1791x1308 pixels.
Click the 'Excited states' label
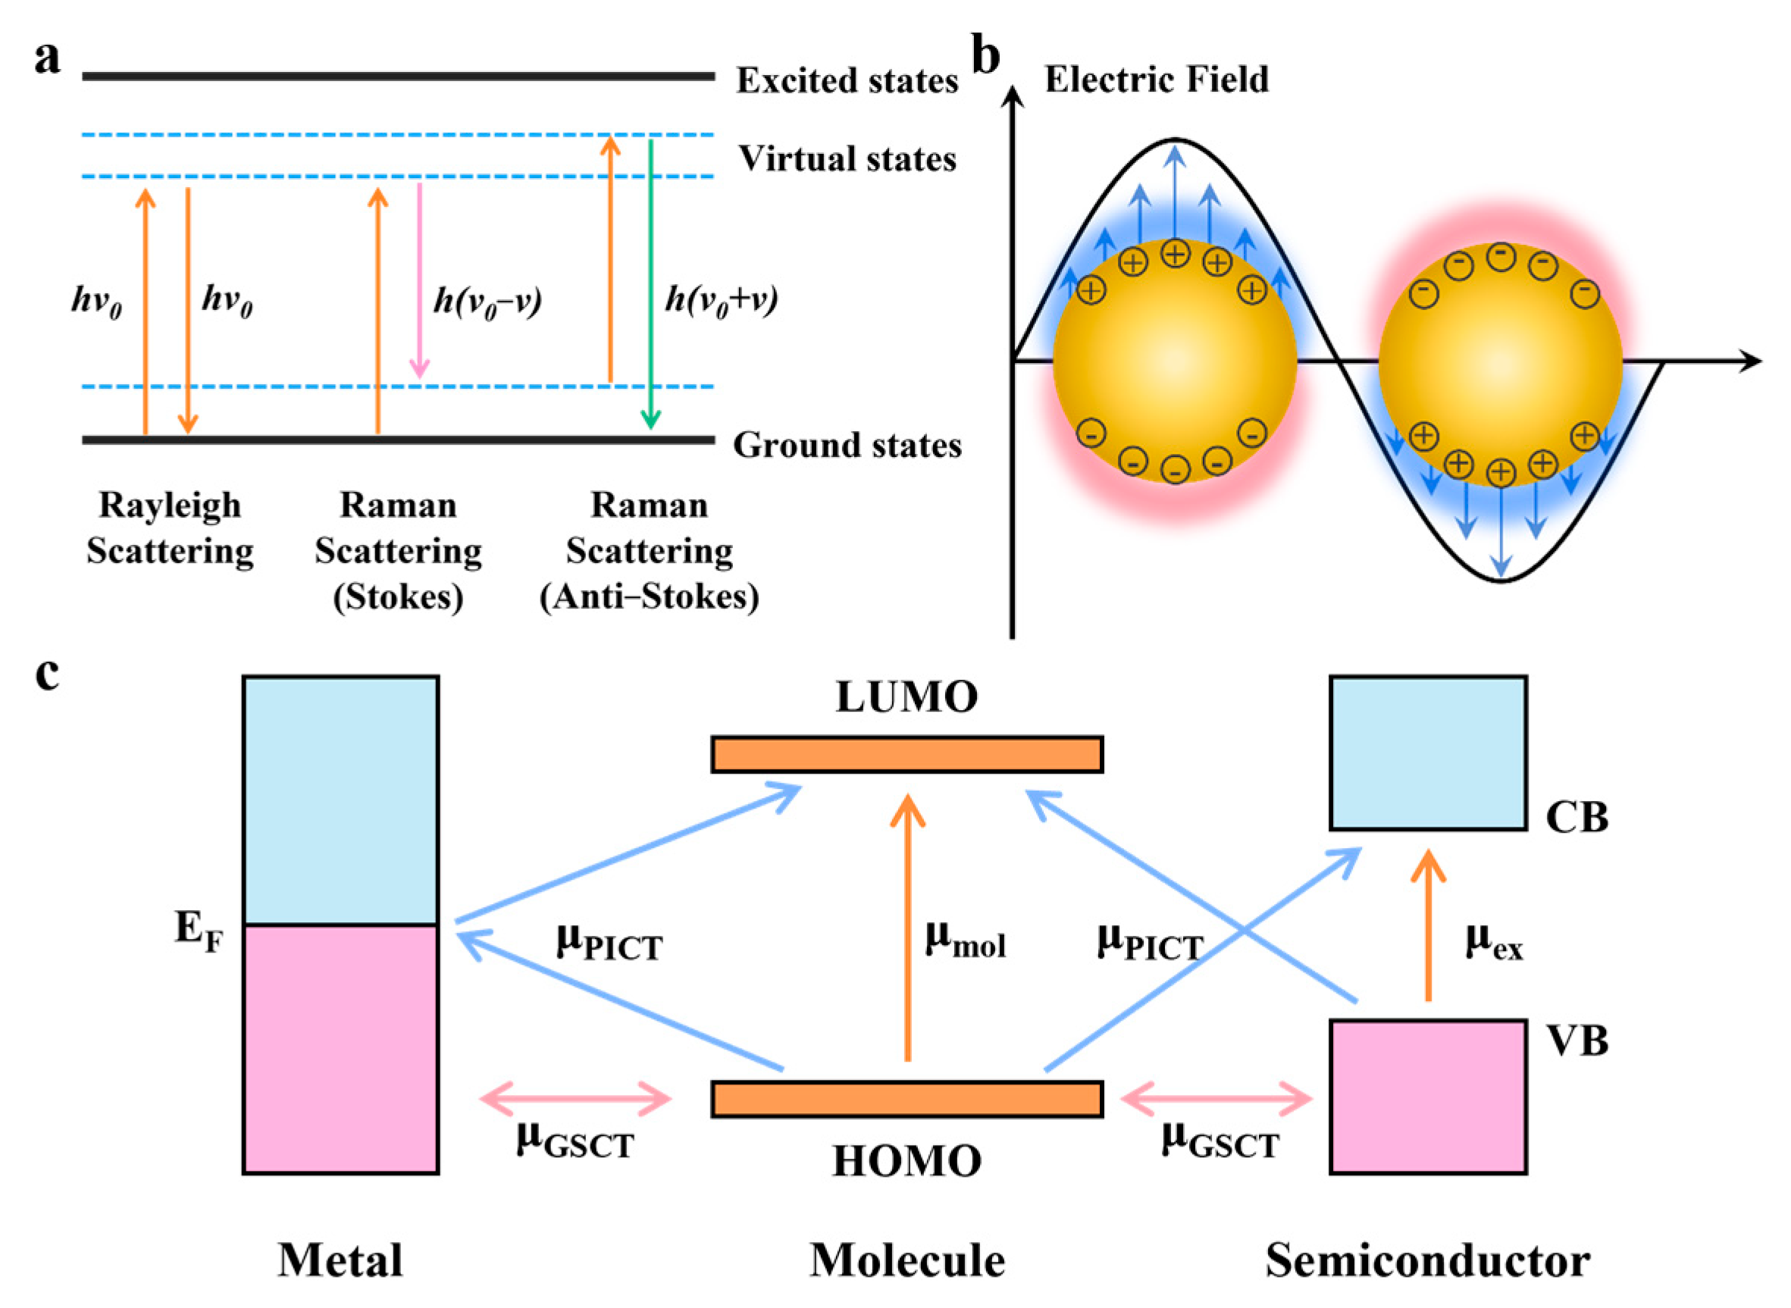tap(847, 80)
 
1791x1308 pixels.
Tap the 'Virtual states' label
tap(847, 159)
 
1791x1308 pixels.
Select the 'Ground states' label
tap(847, 445)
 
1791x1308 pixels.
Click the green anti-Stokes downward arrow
tap(650, 285)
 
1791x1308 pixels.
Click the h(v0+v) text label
tap(721, 301)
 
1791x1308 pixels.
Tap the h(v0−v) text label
tap(487, 302)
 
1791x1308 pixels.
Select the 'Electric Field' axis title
tap(1156, 79)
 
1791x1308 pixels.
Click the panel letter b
tap(985, 57)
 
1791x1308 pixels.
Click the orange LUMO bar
tap(906, 754)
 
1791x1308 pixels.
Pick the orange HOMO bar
tap(906, 1099)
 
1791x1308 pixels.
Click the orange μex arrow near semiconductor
tap(1429, 926)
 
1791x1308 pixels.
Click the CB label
tap(1577, 818)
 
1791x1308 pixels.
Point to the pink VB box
tap(1428, 1097)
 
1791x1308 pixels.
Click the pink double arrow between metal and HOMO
tap(575, 1099)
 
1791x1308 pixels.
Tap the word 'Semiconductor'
tap(1428, 1261)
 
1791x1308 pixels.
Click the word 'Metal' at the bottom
tap(340, 1261)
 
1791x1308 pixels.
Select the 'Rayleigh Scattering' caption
tap(170, 528)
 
